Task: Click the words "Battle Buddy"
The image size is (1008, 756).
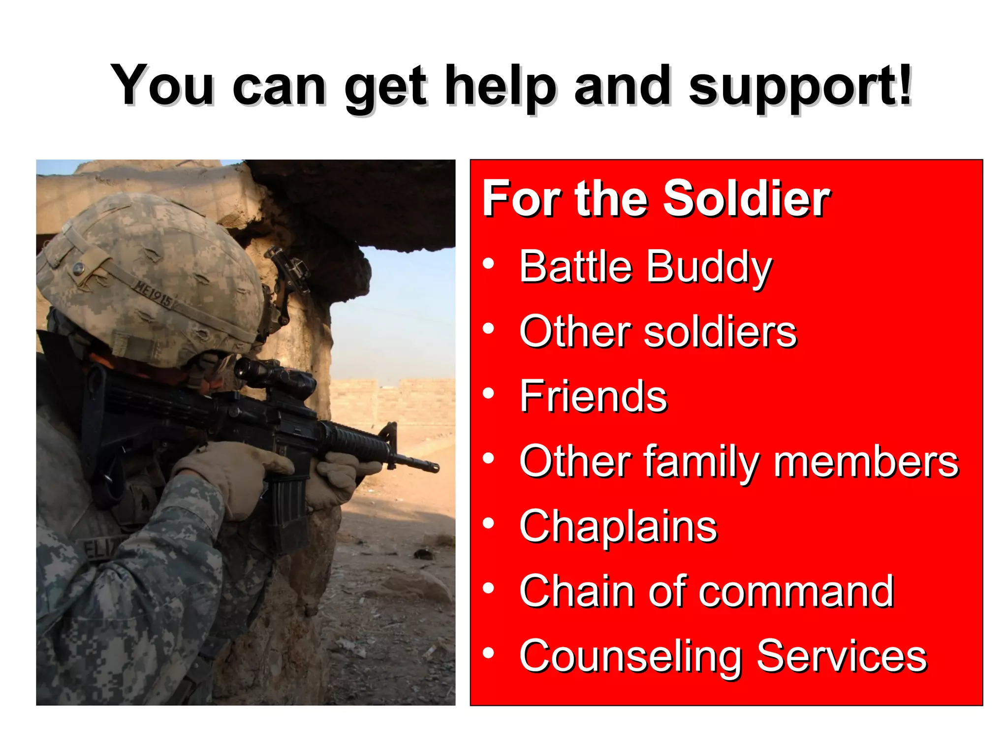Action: point(645,267)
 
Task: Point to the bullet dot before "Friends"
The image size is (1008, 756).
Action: point(488,393)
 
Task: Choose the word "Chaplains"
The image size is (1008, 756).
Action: point(618,526)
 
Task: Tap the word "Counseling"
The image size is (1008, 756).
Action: point(630,657)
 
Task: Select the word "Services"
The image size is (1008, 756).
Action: point(841,656)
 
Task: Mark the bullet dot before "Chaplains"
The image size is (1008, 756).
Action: point(488,524)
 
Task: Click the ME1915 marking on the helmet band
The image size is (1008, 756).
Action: point(154,293)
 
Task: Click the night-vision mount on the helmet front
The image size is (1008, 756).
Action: point(288,271)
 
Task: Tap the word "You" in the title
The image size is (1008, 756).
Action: point(162,86)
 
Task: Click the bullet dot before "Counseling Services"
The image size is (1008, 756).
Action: point(488,653)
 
